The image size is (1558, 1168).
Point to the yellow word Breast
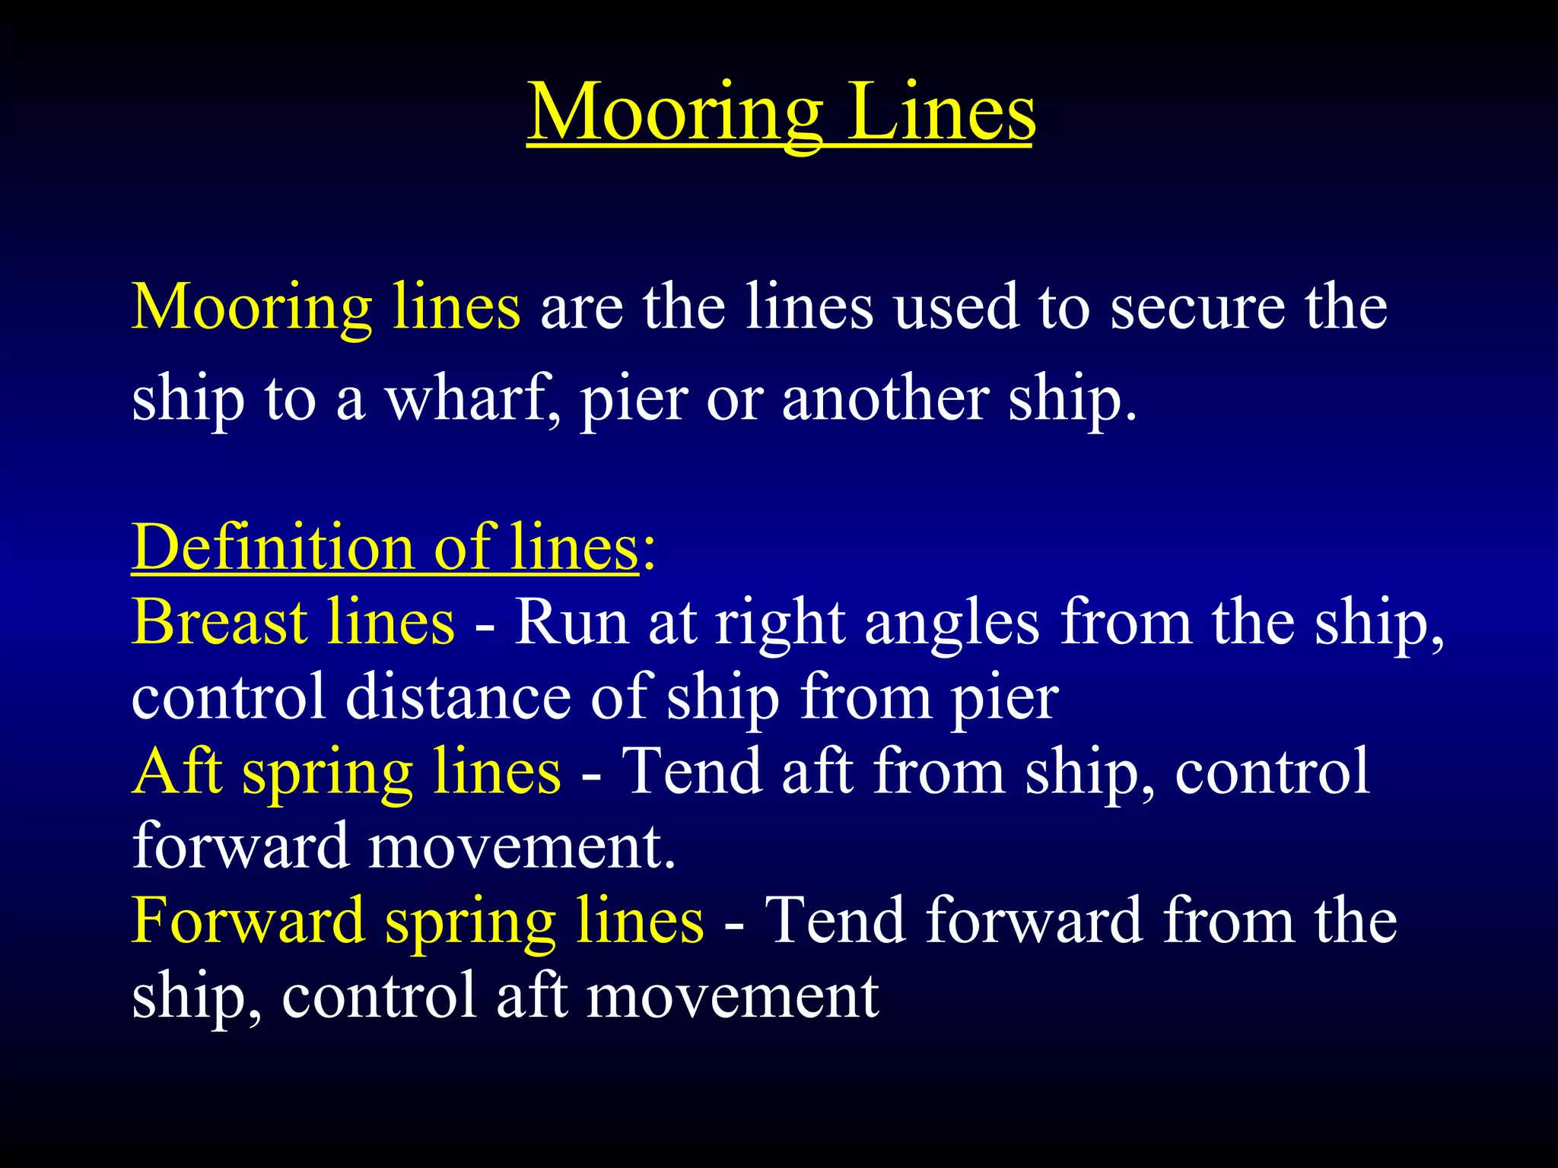point(220,622)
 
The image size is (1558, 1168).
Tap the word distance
point(458,697)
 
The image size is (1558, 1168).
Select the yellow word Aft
point(177,771)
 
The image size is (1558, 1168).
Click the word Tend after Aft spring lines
point(692,771)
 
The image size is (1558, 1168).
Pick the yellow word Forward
point(248,920)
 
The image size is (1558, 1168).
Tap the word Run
point(573,622)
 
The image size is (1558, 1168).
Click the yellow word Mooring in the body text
point(252,308)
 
